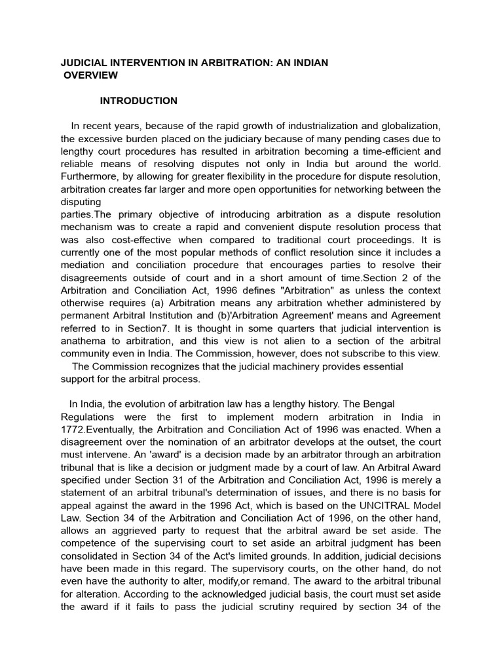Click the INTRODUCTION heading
[x=138, y=101]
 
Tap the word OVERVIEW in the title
[x=91, y=75]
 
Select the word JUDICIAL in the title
[x=86, y=63]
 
